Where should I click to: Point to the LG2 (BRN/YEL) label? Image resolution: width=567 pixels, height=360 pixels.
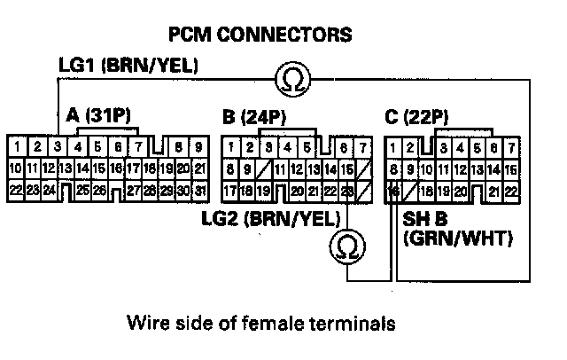(273, 216)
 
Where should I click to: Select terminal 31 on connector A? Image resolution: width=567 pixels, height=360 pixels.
(201, 190)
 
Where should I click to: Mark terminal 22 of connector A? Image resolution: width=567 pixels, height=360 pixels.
(16, 190)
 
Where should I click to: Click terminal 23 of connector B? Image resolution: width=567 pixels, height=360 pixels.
(346, 190)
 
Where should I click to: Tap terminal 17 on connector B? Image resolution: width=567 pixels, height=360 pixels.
(230, 190)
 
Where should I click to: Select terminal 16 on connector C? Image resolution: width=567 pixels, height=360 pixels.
(393, 190)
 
